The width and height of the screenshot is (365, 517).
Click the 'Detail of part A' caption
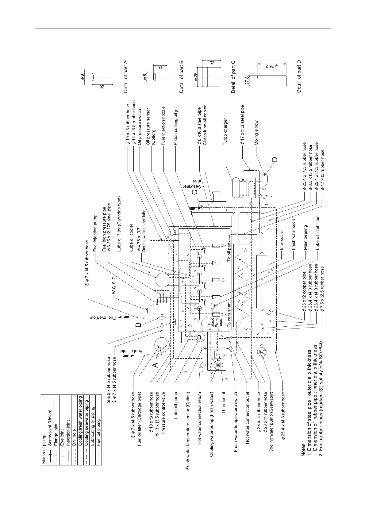(x=125, y=76)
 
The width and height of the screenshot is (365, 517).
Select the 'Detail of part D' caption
(x=299, y=76)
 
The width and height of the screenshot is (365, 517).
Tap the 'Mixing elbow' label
(x=256, y=132)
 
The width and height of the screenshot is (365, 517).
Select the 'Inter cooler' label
(x=282, y=240)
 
